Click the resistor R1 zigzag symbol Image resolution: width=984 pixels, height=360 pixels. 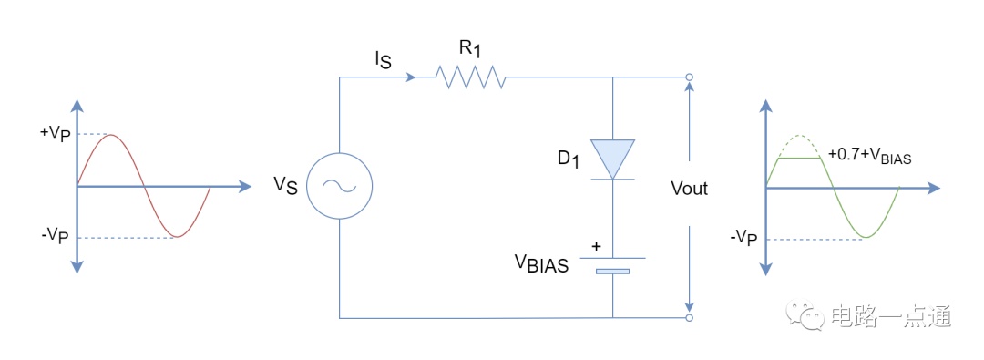click(471, 77)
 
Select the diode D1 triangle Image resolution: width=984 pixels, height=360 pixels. click(612, 159)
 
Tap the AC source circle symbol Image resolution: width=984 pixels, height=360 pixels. click(340, 186)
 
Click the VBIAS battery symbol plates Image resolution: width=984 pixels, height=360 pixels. click(612, 265)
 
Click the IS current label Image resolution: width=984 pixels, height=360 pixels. click(383, 59)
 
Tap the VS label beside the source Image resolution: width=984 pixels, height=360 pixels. click(285, 186)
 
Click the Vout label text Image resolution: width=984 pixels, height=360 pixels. click(689, 188)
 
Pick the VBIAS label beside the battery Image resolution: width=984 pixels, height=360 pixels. click(541, 264)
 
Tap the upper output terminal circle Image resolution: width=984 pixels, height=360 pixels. click(689, 77)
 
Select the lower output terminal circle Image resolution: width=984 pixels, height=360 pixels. click(689, 318)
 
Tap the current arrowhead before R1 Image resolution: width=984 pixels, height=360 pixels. click(411, 77)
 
